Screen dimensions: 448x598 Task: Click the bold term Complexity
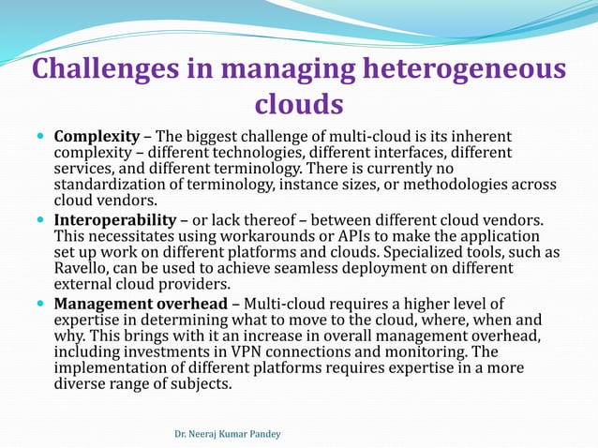tap(97, 137)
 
